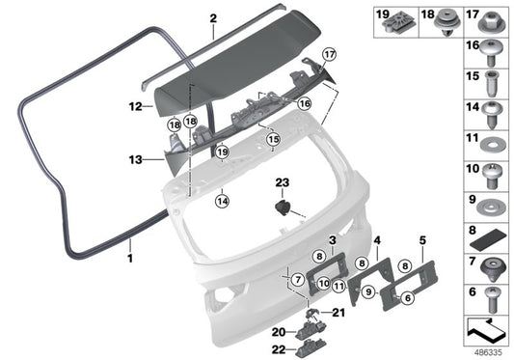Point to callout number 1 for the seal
pos(130,260)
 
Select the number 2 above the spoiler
pos(213,17)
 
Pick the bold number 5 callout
pos(421,237)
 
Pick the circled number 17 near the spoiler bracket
pos(330,54)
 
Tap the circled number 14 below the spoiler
pos(223,202)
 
